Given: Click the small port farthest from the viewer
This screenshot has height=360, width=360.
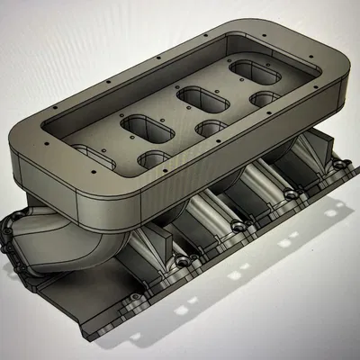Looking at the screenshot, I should (x=265, y=96).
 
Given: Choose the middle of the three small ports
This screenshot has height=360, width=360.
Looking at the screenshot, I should (x=211, y=128).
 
